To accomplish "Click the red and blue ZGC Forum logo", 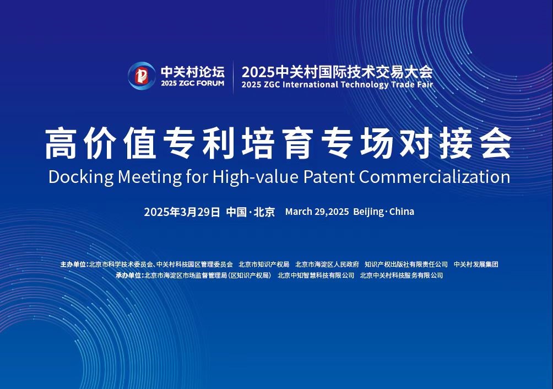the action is pos(142,75).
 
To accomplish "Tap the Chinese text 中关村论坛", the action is pos(193,72).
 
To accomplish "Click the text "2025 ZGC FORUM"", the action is pos(193,84).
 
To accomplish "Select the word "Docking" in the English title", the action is pos(81,177).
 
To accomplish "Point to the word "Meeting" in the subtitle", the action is pos(150,177).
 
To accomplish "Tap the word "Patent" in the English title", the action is pos(329,176).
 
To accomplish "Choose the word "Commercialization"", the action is pos(435,176).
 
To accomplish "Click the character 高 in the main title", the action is pos(61,144).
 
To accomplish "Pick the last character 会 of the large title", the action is pos(496,144).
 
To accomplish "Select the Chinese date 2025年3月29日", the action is pos(182,212).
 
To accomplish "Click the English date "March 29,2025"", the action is pos(317,212).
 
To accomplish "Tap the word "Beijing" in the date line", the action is pos(368,212).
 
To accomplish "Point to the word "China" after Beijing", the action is pos(402,212).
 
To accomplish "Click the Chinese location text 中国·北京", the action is pos(251,212).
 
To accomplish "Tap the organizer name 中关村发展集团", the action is pos(476,264).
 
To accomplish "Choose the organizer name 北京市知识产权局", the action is pos(264,264).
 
